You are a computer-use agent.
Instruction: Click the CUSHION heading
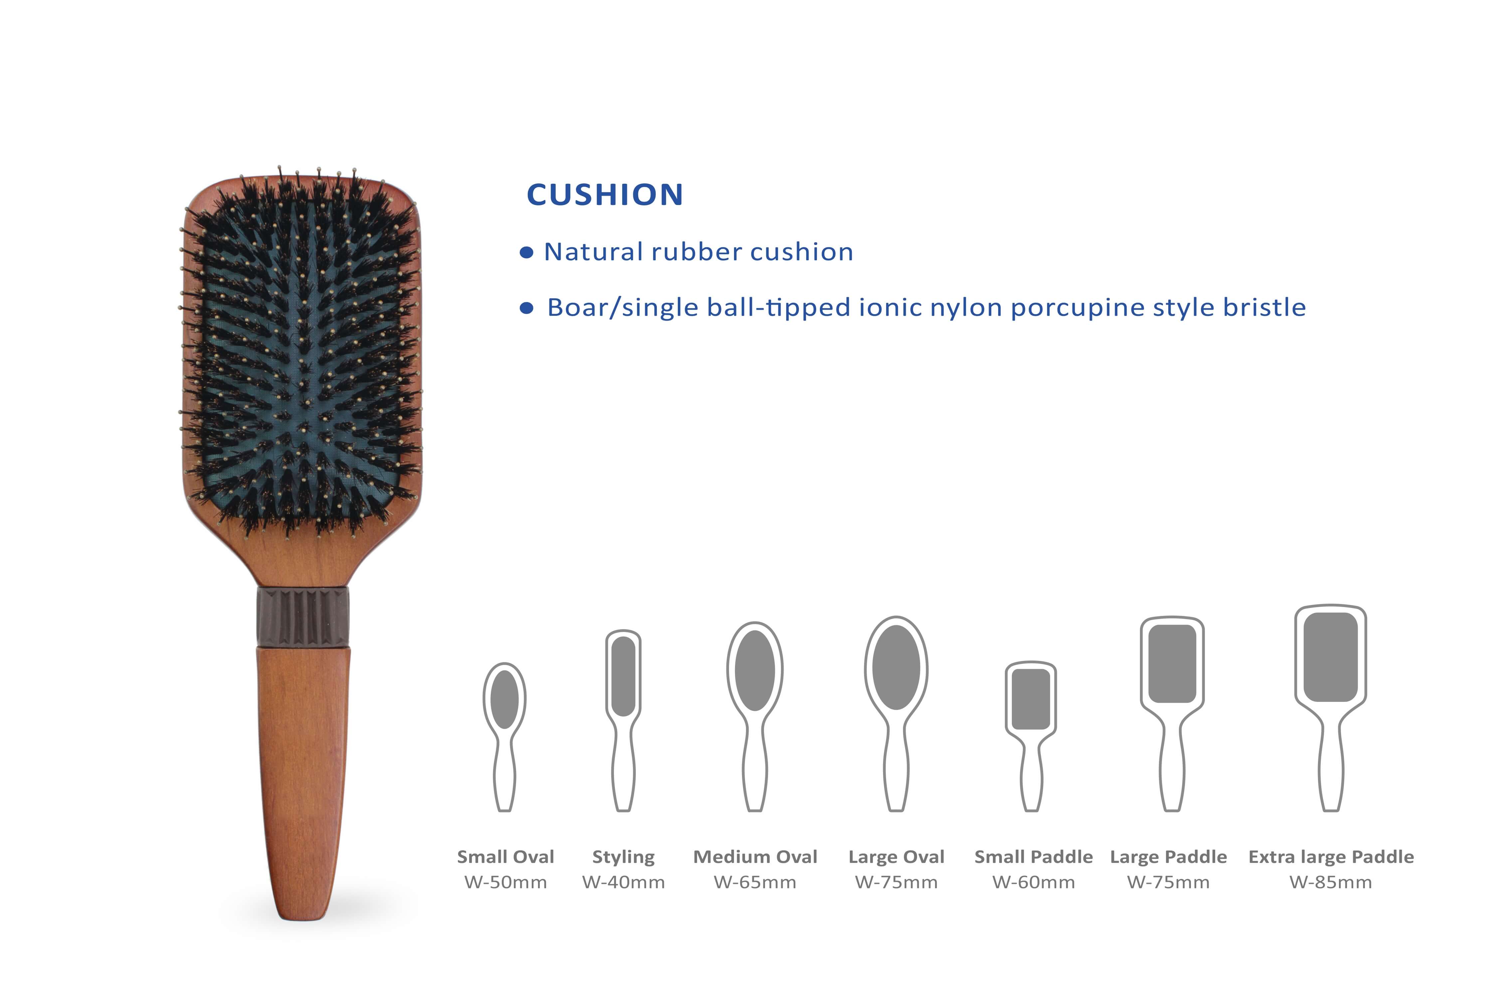tap(605, 194)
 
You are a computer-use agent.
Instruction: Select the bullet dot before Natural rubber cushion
tap(526, 253)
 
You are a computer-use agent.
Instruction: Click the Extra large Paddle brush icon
tap(1331, 708)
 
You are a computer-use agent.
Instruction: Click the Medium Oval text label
tap(755, 857)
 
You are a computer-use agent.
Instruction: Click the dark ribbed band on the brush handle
tap(303, 617)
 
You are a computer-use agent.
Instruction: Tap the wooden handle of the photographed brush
tap(303, 783)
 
